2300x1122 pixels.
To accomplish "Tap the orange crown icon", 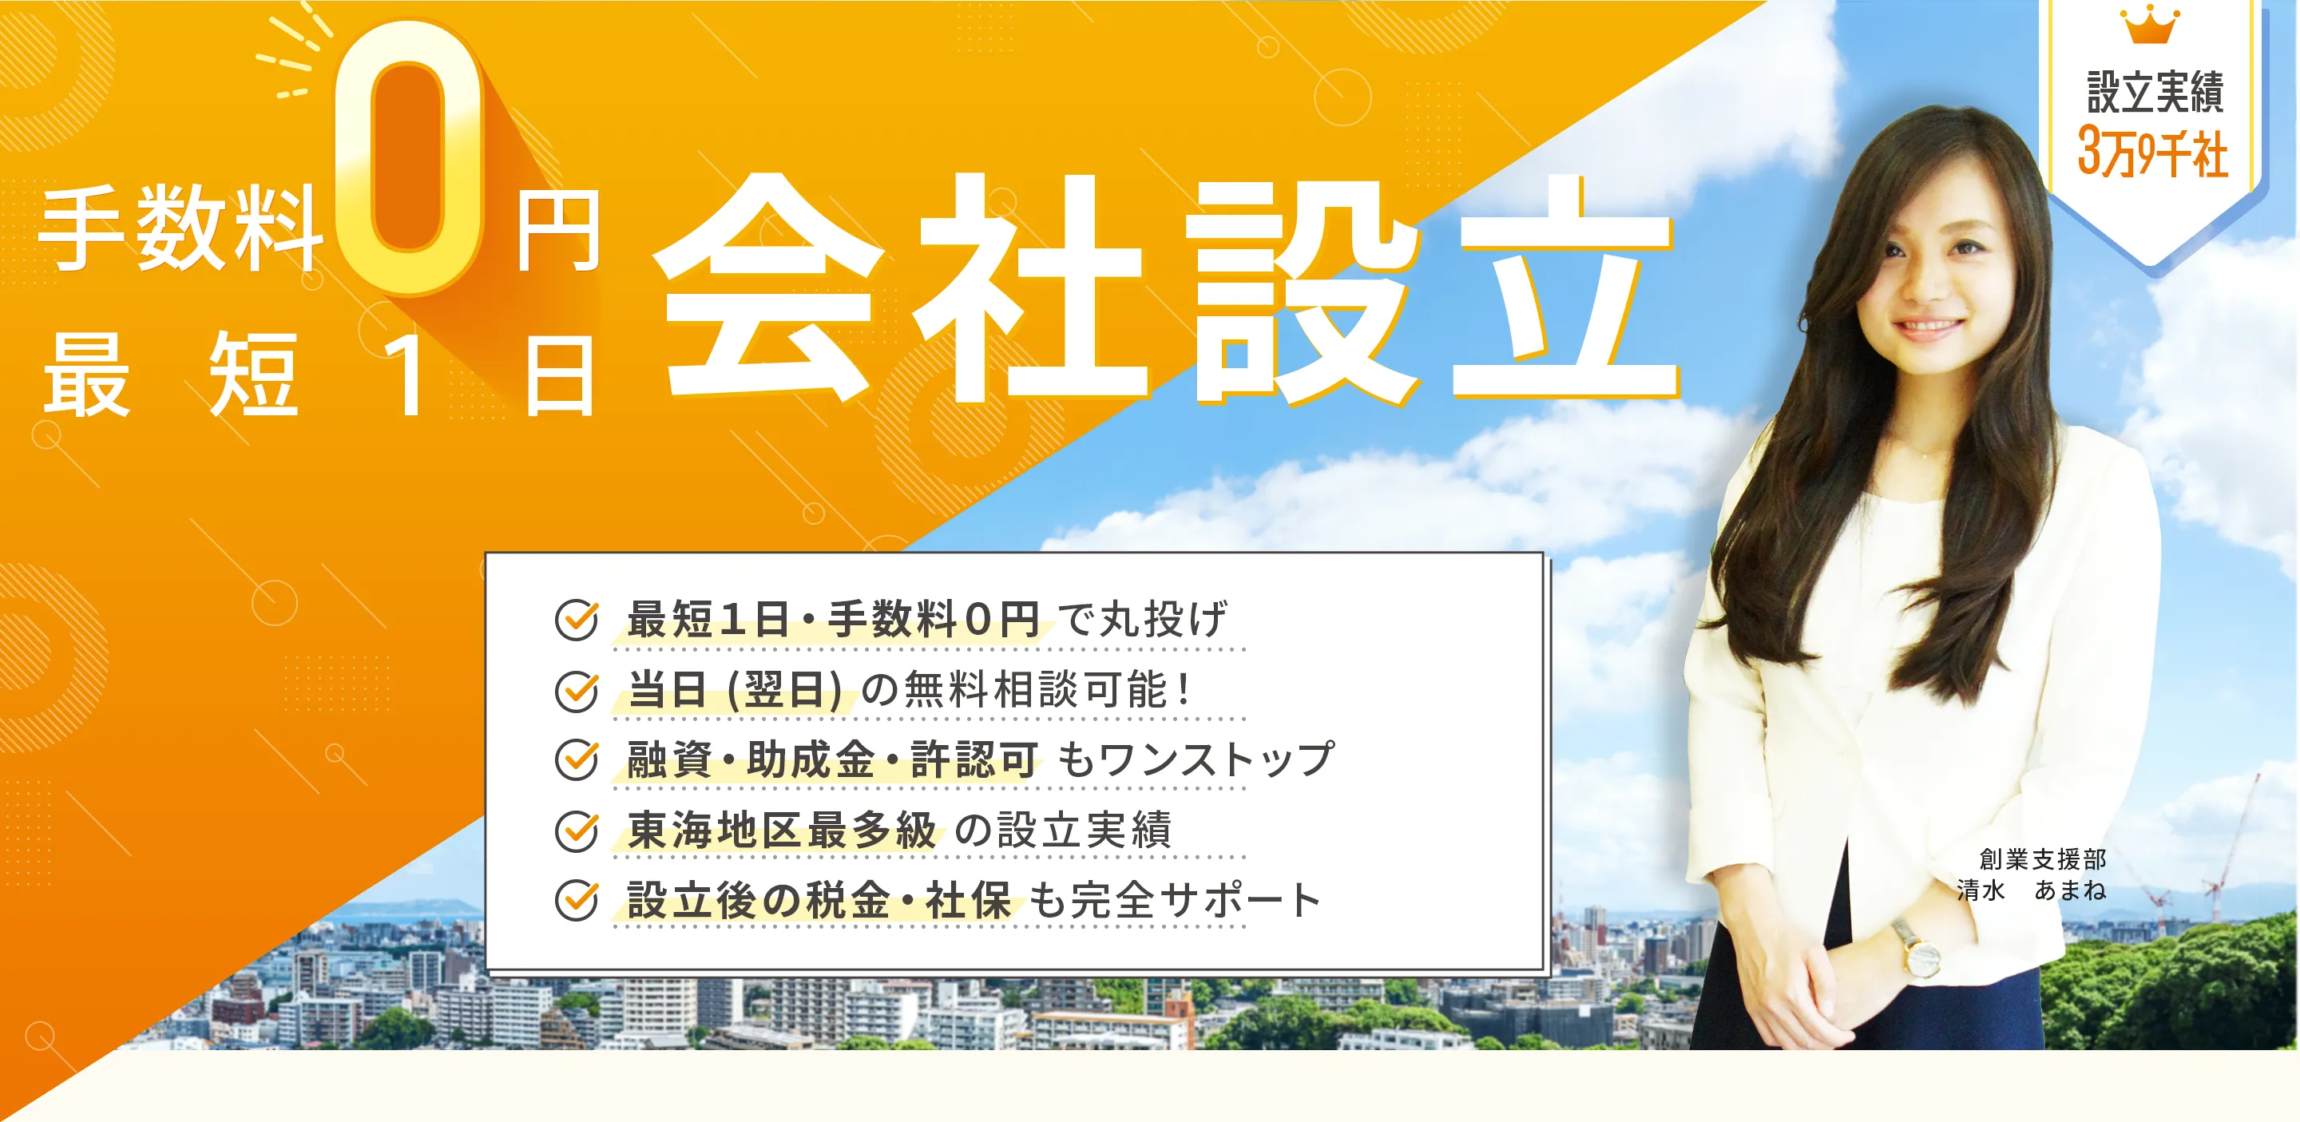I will (x=2151, y=25).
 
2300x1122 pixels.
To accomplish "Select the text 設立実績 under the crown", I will (x=2155, y=92).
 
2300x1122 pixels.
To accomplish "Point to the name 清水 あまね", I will (x=2030, y=890).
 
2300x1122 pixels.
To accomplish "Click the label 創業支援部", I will (x=2042, y=858).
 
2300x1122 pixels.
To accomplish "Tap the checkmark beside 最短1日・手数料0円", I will (x=577, y=620).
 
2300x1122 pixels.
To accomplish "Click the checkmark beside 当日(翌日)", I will (x=577, y=690).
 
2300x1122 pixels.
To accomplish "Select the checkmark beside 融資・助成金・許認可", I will (x=577, y=759).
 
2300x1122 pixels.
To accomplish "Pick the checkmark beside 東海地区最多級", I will (x=577, y=830).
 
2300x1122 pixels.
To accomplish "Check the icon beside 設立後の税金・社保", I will (x=577, y=900).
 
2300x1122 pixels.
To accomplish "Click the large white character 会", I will (x=767, y=286).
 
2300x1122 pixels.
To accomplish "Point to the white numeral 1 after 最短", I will (x=406, y=375).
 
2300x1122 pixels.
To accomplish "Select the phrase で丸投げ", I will (x=1142, y=620).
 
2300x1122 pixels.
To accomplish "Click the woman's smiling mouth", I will (x=1928, y=327).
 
